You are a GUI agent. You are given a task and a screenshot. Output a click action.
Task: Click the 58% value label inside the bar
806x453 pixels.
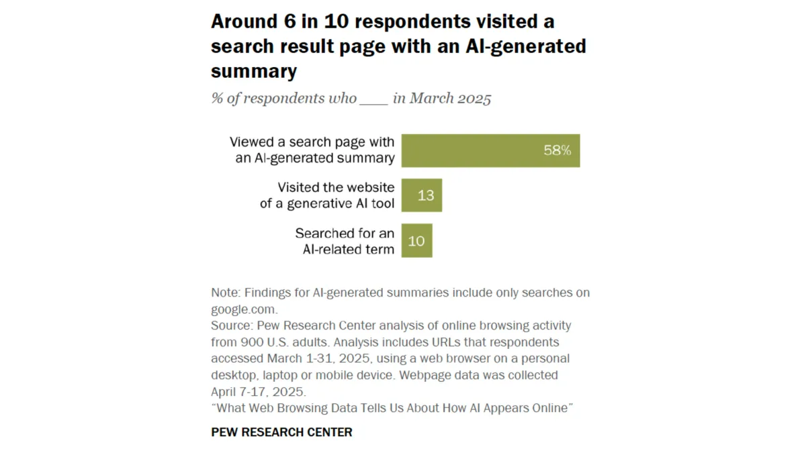(x=557, y=151)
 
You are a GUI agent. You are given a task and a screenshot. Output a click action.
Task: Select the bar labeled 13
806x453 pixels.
(x=422, y=195)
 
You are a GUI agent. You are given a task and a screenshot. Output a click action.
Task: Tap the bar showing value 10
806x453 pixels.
(x=416, y=241)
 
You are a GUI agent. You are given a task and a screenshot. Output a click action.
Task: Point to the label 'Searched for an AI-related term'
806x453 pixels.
(x=344, y=242)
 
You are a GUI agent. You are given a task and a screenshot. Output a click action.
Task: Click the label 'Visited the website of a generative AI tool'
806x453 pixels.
(x=327, y=195)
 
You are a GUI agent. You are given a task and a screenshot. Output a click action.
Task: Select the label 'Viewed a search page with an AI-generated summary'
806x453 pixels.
(x=312, y=150)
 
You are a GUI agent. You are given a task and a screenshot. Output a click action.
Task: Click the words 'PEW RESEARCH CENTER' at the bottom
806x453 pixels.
(x=281, y=432)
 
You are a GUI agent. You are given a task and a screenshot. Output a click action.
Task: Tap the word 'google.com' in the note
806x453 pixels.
(x=244, y=309)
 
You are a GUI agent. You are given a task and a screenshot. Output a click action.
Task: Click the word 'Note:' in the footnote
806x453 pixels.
(x=226, y=293)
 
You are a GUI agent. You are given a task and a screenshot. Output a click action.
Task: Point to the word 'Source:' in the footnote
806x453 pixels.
(x=231, y=325)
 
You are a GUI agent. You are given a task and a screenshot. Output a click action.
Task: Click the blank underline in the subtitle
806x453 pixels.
(x=374, y=99)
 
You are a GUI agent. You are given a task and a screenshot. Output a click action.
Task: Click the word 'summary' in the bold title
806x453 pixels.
(x=254, y=70)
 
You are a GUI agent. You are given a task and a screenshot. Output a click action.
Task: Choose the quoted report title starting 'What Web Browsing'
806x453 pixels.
(x=392, y=408)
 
